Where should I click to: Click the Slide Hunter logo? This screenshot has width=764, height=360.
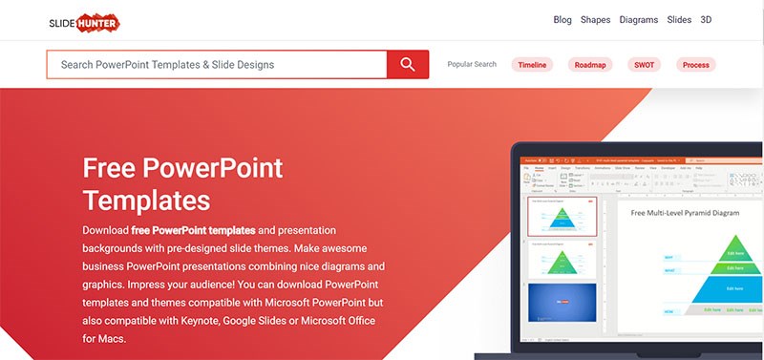tap(85, 19)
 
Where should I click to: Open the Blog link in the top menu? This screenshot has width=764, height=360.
tap(562, 19)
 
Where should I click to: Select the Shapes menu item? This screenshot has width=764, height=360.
tap(595, 19)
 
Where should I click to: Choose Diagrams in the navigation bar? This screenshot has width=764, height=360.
tap(639, 19)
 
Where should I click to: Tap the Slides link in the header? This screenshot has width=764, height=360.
tap(679, 19)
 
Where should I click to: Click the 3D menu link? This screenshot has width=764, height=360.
tap(706, 19)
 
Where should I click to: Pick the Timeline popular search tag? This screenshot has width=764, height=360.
tap(533, 65)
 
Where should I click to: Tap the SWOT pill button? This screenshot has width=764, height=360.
tap(643, 65)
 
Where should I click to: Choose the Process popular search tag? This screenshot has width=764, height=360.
tap(696, 65)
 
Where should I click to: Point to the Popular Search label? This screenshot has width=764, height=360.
tap(472, 65)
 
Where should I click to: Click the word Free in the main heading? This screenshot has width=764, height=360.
tap(109, 169)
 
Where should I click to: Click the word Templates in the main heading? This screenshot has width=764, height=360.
tap(146, 200)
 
